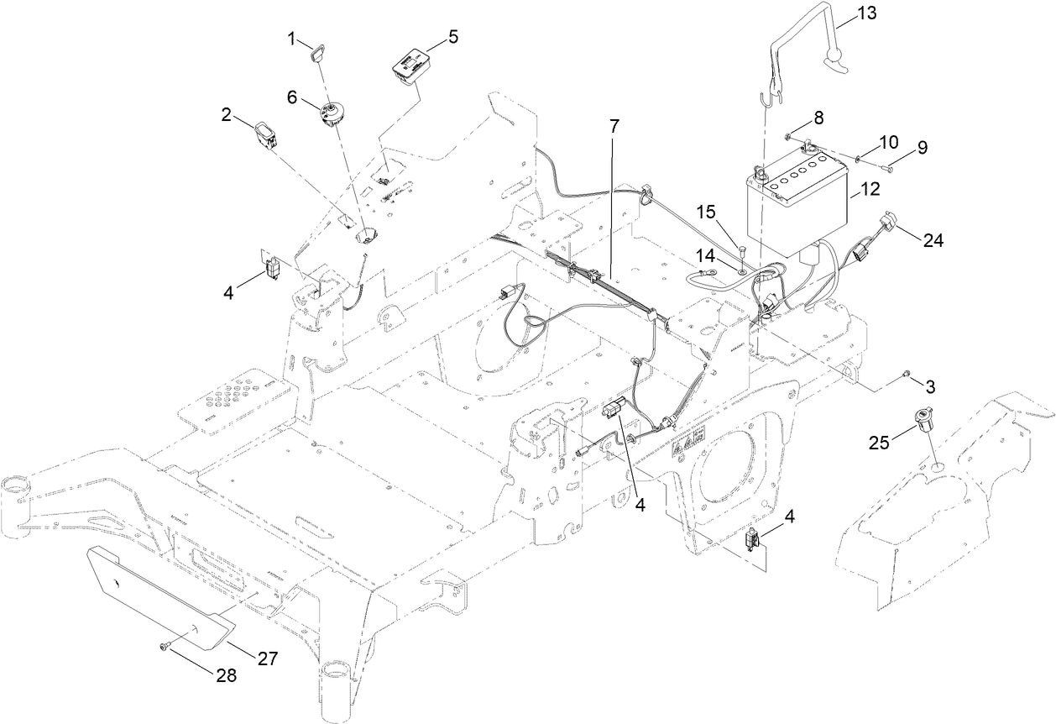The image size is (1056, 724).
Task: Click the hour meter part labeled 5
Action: (409, 66)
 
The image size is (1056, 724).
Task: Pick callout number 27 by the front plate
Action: (267, 658)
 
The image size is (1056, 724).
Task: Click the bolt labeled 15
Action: (741, 248)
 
